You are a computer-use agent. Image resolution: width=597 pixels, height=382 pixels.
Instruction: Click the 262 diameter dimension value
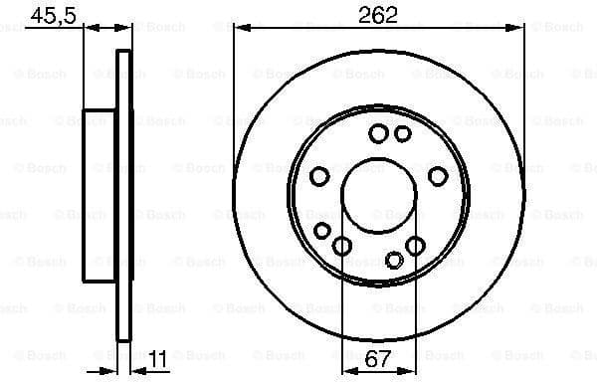click(x=379, y=14)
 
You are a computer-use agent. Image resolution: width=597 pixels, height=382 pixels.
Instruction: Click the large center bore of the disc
click(x=379, y=194)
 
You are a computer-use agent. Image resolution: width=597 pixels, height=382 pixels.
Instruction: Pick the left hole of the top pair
click(x=378, y=133)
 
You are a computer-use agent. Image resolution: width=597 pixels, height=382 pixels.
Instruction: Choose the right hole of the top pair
click(x=403, y=133)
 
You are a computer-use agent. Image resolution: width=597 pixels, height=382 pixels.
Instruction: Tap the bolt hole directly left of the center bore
click(x=319, y=176)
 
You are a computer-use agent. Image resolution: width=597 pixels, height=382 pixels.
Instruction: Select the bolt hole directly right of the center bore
click(x=438, y=176)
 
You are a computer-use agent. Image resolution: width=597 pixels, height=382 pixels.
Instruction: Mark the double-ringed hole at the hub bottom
click(x=395, y=260)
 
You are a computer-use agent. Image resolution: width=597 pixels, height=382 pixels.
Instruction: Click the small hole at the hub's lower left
click(x=321, y=231)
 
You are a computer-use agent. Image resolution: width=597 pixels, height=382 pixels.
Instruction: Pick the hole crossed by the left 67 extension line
click(x=342, y=246)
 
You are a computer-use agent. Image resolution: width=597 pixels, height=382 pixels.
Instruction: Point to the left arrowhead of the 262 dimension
click(x=239, y=30)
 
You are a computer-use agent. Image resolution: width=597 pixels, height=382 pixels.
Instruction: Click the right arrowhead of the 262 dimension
click(x=519, y=30)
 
